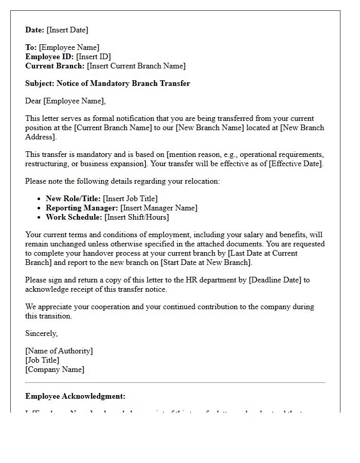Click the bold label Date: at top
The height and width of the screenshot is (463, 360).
coord(35,30)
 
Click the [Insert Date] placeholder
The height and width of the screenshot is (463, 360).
coord(67,30)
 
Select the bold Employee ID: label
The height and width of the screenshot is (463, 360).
coord(50,57)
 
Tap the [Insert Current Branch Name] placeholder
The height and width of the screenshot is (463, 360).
coord(136,66)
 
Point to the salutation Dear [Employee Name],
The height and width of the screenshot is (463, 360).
coord(65,101)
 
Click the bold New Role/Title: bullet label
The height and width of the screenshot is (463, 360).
coord(73,199)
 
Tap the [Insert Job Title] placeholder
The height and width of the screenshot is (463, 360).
coord(130,199)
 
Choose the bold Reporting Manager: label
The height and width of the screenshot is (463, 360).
coord(82,208)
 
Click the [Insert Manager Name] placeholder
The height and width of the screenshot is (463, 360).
coord(159,208)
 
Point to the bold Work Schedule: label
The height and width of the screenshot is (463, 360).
coord(74,217)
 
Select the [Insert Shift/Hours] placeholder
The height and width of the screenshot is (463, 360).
coord(136,217)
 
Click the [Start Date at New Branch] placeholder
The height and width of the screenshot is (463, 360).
coord(206,262)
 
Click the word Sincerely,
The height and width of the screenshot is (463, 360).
coord(42,333)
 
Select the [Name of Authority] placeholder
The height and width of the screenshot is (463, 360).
coord(59,351)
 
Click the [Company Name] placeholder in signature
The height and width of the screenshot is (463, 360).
coord(55,369)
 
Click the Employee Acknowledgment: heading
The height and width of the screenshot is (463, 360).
coord(76,396)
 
